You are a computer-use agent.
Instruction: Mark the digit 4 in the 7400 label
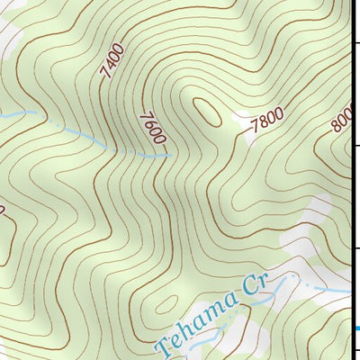(112, 66)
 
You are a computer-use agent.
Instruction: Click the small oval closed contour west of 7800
(206, 111)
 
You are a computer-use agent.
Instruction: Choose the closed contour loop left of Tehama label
(166, 305)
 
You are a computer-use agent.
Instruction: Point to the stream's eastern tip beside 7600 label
(170, 156)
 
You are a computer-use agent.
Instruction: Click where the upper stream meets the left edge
(2, 113)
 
